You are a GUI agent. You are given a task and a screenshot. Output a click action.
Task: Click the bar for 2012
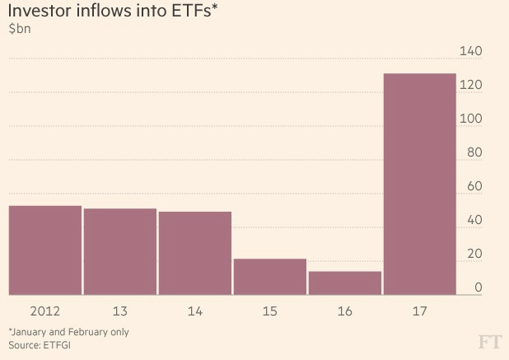tap(44, 250)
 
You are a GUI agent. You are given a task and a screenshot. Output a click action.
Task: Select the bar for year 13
tap(120, 251)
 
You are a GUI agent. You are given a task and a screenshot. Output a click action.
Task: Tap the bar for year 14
tap(195, 253)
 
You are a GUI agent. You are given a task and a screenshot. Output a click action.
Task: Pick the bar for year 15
tap(270, 276)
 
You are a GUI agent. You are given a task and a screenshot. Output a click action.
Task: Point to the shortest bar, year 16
tap(345, 283)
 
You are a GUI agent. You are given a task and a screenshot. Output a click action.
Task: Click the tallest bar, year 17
tap(420, 184)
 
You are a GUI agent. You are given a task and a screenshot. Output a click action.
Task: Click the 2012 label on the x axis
tap(44, 312)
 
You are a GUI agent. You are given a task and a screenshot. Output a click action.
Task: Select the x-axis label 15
tap(270, 312)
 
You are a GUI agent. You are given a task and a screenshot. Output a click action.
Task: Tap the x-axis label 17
tap(420, 312)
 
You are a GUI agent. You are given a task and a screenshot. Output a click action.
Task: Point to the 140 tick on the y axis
tap(470, 52)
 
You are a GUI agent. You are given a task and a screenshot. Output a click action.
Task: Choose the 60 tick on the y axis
tap(473, 187)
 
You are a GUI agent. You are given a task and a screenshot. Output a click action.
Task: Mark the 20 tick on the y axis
tap(473, 255)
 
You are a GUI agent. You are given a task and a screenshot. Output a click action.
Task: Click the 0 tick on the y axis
tap(476, 288)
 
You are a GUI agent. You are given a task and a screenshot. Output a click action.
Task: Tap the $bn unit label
tap(20, 31)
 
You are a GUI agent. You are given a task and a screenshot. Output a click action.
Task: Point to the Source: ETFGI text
tap(40, 344)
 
